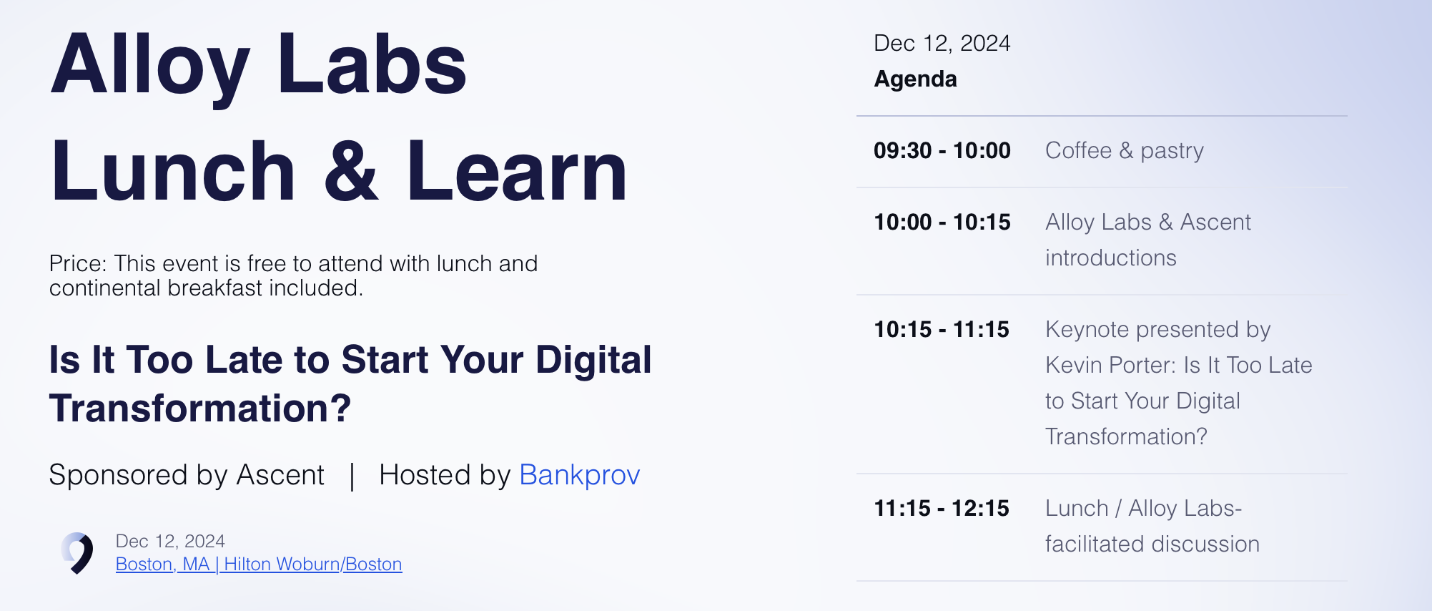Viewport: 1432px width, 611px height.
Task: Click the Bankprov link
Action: point(579,475)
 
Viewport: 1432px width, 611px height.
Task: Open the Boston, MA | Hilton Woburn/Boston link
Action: point(259,564)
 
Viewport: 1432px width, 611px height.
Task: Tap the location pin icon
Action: point(78,553)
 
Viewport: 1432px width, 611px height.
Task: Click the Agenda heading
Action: point(915,79)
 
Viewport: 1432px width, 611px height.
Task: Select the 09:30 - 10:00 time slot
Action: point(942,151)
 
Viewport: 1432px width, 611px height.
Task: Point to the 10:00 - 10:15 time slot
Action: point(942,223)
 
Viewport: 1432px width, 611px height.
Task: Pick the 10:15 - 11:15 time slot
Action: point(942,330)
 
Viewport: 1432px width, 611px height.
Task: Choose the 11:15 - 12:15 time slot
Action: point(942,509)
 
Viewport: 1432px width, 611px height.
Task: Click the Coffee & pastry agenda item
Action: point(1125,151)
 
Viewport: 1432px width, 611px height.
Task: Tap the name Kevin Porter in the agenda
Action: point(1110,366)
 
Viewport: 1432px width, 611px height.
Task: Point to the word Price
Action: point(78,264)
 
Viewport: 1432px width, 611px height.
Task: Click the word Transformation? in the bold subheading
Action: point(200,409)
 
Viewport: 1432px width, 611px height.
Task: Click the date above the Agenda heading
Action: point(942,44)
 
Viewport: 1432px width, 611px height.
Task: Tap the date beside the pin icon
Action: point(170,542)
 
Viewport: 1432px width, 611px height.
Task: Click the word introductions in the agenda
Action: point(1111,258)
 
